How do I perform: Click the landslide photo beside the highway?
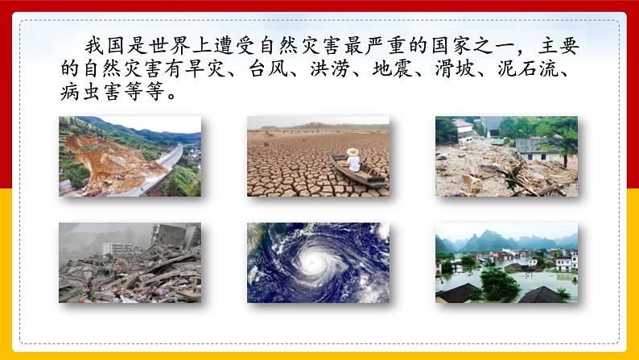point(130,156)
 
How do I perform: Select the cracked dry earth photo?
point(318,156)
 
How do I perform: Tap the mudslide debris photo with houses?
point(506,156)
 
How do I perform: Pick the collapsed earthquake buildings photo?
point(130,263)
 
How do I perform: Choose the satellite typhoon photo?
point(318,263)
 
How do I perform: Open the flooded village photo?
point(506,263)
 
